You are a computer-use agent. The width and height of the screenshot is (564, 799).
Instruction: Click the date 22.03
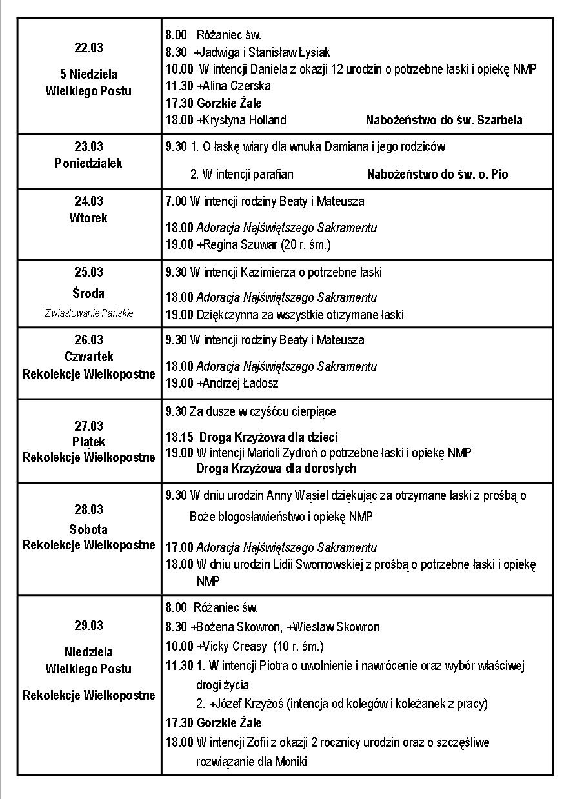point(88,48)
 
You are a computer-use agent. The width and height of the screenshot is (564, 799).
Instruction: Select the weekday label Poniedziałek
point(88,163)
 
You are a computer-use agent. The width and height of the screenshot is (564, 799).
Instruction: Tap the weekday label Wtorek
point(88,218)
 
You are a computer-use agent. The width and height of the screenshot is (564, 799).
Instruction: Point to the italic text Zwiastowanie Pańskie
point(89,313)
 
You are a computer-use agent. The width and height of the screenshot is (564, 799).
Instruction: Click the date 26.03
point(88,340)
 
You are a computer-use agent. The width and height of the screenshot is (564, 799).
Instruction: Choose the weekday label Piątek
point(88,442)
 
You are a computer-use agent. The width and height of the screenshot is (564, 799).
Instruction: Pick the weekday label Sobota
point(88,529)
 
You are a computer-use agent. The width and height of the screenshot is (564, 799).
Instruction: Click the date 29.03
point(88,626)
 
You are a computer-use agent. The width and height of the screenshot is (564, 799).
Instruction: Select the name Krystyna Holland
point(245,120)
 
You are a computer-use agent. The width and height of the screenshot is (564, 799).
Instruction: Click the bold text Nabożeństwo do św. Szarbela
point(444,120)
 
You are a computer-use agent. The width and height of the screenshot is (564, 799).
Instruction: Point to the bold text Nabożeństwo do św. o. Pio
point(438,174)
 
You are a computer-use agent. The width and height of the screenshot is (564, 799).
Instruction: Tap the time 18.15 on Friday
point(179,437)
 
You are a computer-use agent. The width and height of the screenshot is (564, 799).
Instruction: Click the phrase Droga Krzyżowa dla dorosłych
point(276,468)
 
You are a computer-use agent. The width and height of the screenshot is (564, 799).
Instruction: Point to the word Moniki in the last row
point(291,762)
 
